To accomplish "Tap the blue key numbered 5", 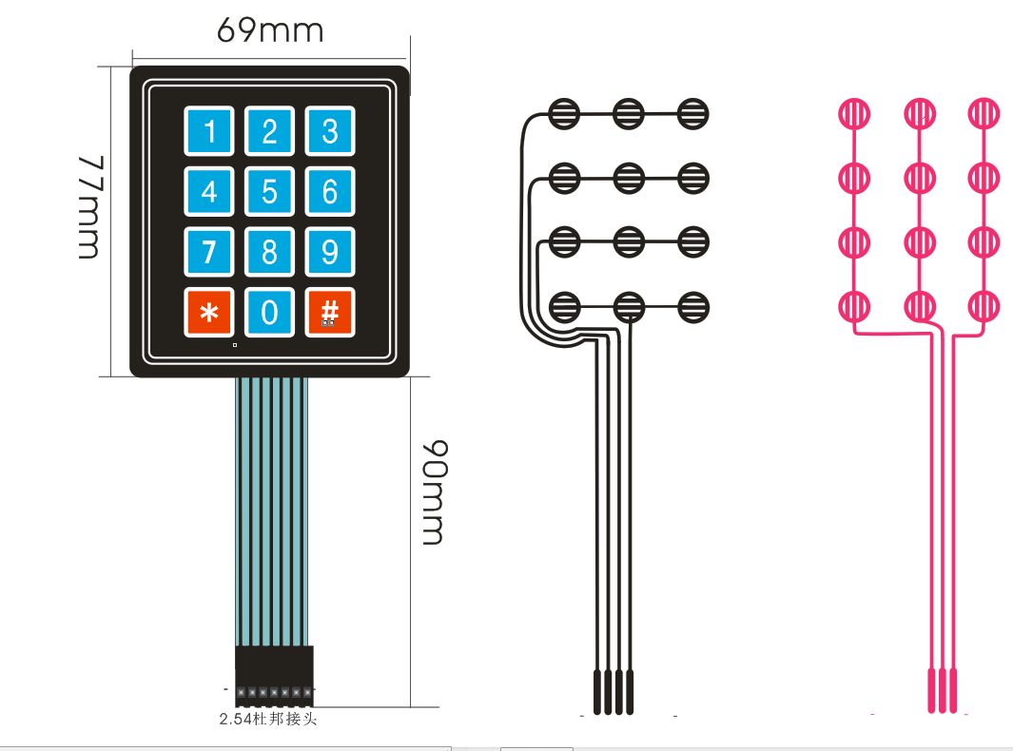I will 269,191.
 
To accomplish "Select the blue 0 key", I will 269,312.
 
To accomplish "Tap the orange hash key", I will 329,312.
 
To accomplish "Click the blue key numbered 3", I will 329,130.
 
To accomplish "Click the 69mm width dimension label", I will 270,30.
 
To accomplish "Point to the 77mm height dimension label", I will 88,206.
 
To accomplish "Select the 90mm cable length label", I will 434,491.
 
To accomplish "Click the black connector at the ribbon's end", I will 275,673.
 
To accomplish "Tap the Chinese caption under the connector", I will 267,720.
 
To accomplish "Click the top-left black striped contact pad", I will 565,114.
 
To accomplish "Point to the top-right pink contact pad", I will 984,114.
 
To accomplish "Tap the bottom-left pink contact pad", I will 854,306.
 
